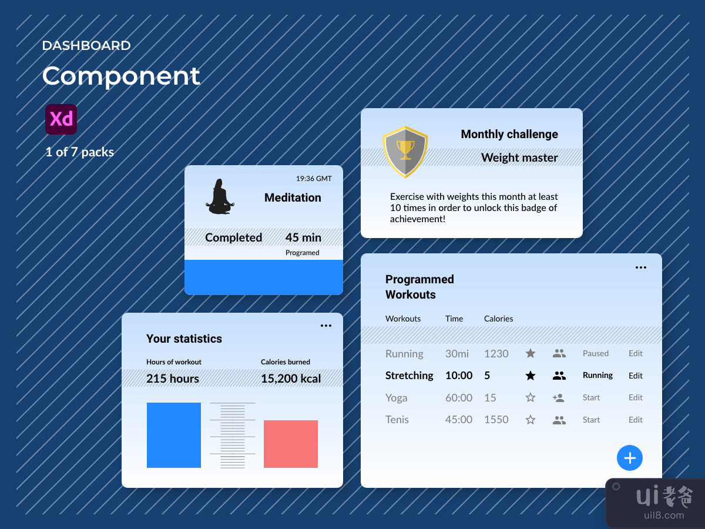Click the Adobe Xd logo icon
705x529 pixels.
coord(61,119)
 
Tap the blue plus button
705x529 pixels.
coord(630,458)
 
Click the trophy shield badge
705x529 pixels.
coord(405,152)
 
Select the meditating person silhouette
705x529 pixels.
coord(219,197)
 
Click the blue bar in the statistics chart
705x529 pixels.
coord(174,435)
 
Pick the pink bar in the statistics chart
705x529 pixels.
coord(291,444)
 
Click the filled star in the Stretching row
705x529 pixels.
coord(531,376)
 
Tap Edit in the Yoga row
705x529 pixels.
coord(636,398)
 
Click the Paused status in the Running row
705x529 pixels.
coord(595,353)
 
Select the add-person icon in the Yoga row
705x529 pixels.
coord(559,398)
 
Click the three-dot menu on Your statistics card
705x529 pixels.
coord(326,326)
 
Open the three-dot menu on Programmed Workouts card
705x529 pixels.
coord(641,267)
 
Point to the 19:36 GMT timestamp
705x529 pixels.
coord(314,179)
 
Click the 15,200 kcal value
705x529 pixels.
coord(291,379)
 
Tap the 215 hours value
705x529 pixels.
coord(173,379)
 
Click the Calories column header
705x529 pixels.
coord(498,319)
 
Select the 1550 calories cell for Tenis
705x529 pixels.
coord(496,420)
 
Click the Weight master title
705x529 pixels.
coord(519,158)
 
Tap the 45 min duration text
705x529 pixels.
coord(303,237)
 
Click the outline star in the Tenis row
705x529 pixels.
coord(531,420)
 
